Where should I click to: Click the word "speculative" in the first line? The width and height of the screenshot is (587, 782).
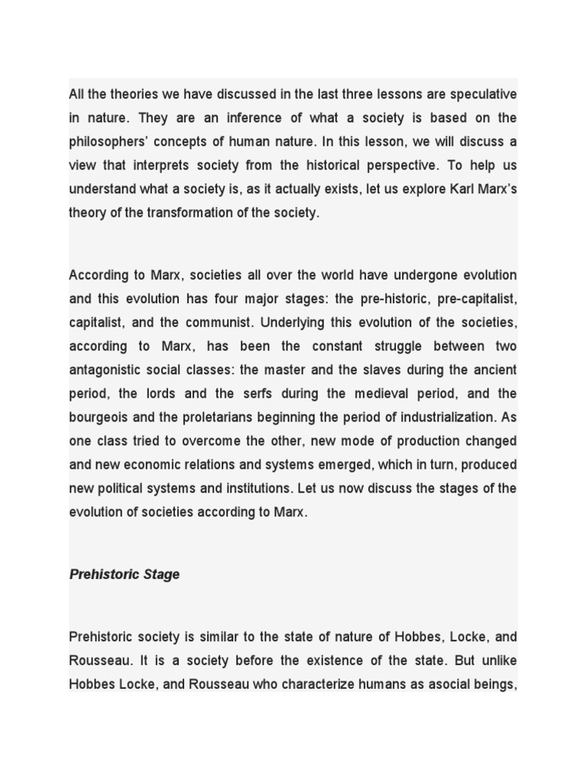tap(478, 94)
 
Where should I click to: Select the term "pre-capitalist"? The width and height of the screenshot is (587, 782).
tap(476, 299)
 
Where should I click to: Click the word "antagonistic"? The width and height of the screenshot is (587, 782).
tap(109, 370)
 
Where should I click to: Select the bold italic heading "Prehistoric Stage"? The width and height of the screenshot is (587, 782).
tap(125, 574)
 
